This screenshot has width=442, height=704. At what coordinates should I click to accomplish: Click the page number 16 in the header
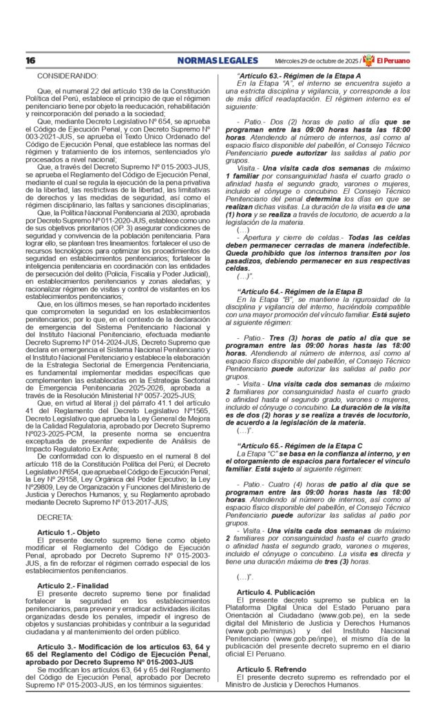coord(30,60)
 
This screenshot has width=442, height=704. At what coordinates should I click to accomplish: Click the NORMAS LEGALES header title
coord(217,60)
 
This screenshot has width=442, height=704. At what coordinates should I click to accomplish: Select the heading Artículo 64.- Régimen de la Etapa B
coord(299,291)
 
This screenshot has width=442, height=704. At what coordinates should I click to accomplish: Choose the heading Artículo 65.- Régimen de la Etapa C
coord(299,446)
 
